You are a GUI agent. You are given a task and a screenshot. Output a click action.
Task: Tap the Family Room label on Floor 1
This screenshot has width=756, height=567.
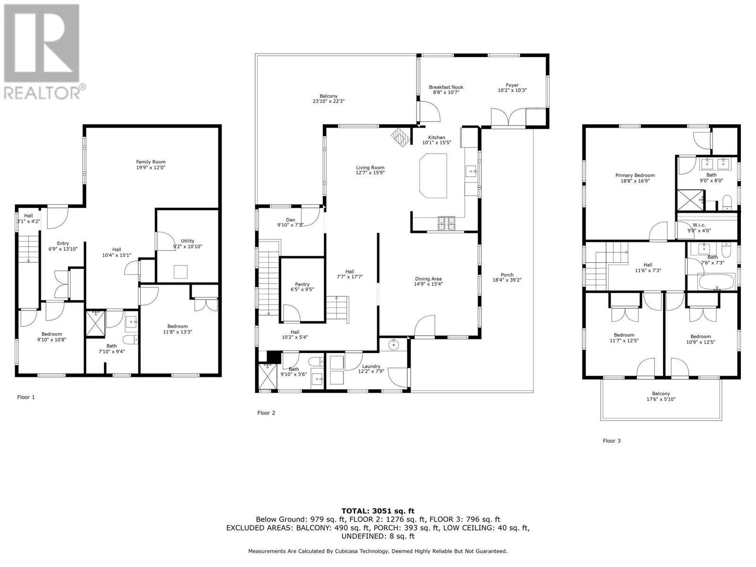coord(151,164)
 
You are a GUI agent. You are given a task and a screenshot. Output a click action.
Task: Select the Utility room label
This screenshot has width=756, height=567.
coord(187,243)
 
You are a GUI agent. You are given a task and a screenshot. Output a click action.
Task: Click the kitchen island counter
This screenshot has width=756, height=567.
coord(433,175)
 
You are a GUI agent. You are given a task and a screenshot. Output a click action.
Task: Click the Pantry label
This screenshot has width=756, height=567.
coord(302,287)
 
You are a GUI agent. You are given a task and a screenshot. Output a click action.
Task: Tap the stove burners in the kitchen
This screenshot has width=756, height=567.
coord(447,223)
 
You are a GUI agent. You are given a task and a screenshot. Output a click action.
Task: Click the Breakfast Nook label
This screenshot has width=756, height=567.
coord(446,89)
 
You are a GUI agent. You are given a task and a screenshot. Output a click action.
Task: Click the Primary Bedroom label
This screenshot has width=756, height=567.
coord(635,178)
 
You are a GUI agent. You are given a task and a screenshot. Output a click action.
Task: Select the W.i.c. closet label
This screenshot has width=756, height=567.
coord(699,228)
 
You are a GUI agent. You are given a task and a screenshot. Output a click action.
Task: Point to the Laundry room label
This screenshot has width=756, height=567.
coord(371,369)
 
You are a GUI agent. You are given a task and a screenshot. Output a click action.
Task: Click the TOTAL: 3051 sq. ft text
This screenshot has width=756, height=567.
coord(378,511)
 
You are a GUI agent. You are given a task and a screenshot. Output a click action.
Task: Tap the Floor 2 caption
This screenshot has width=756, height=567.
coord(266,412)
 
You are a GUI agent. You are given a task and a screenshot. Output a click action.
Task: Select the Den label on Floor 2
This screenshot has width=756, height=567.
coord(290,222)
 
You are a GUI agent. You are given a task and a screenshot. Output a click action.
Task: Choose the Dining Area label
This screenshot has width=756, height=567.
coord(428,281)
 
